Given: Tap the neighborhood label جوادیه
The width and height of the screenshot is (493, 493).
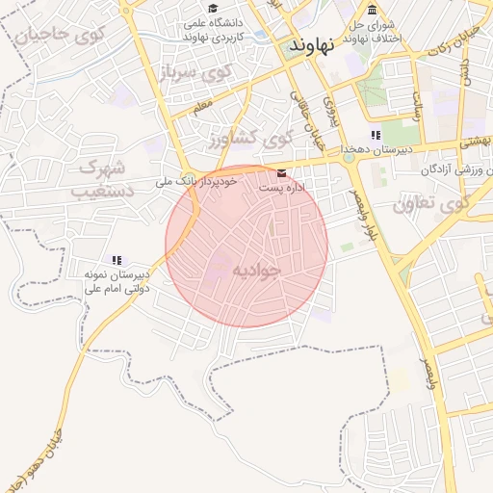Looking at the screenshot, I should coord(257,271).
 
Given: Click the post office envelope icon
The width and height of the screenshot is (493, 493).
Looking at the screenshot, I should coord(281,172).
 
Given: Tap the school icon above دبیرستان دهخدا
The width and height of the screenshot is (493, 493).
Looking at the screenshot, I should coord(376,136).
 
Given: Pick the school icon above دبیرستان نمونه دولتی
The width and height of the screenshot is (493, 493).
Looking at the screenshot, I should coord(117,260).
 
